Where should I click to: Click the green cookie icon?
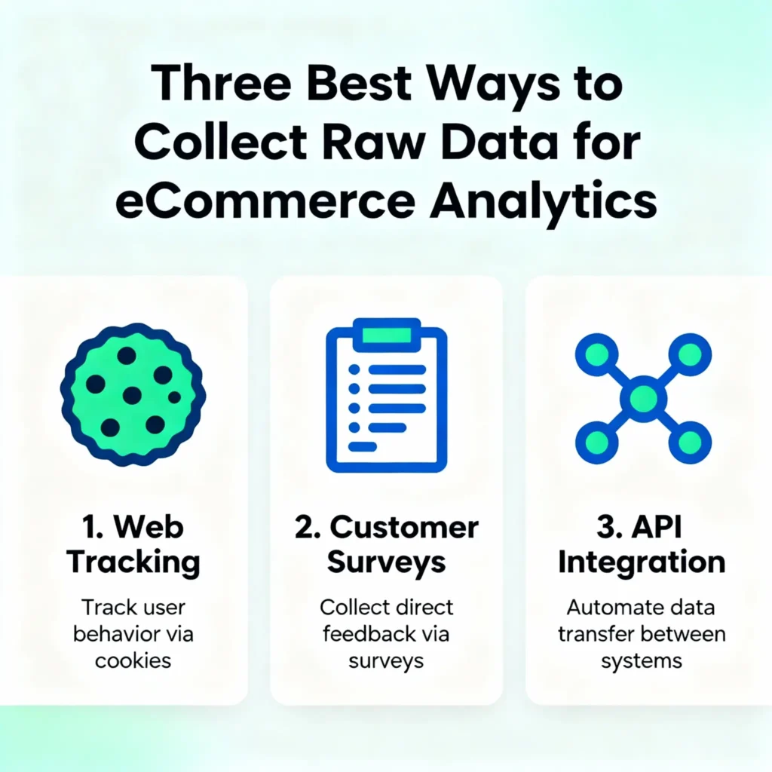(x=133, y=394)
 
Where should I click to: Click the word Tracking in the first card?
(x=133, y=562)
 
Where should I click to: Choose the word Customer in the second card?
(x=404, y=527)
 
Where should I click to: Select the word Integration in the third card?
(x=642, y=562)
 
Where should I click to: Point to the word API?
(x=656, y=527)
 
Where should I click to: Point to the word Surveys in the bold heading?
(x=386, y=562)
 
